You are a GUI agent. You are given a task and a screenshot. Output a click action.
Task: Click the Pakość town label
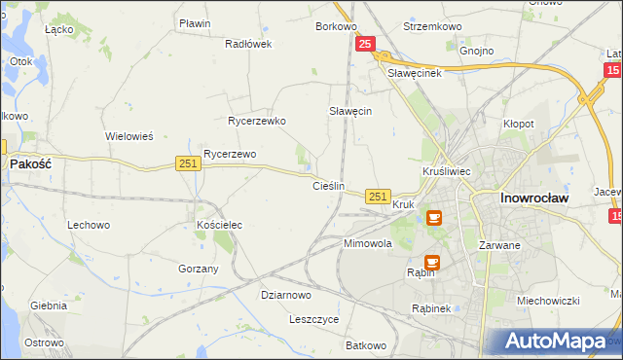click(x=30, y=165)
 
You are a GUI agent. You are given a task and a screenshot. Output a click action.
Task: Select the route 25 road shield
click(x=365, y=45)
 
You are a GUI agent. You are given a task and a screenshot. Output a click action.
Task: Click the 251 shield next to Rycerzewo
click(x=189, y=163)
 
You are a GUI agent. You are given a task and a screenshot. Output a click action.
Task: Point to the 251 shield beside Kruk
click(x=379, y=197)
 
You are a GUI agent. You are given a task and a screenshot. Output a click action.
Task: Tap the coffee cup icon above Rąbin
click(x=432, y=261)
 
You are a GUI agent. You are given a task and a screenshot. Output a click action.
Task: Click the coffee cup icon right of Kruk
click(x=433, y=217)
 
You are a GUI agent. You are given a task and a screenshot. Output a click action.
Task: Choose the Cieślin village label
click(x=328, y=185)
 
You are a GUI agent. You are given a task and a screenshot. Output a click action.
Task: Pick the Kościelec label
click(x=219, y=225)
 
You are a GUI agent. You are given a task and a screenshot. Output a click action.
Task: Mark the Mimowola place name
click(x=367, y=244)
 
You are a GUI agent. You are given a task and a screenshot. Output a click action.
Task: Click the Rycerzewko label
click(x=256, y=122)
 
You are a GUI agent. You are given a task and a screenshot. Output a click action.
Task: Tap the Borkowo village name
click(x=336, y=26)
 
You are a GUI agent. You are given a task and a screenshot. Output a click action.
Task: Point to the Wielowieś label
click(x=129, y=136)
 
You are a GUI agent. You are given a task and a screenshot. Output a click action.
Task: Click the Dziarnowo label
click(x=285, y=295)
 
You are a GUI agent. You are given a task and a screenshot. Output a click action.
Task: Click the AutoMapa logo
click(x=556, y=342)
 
